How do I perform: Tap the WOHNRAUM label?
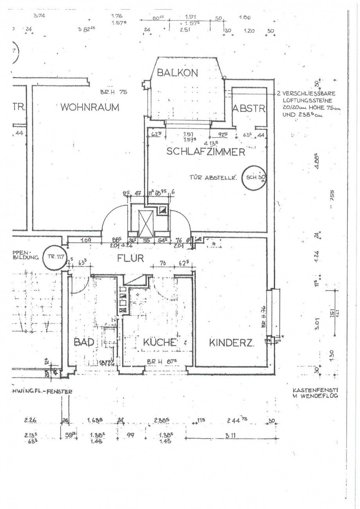90,108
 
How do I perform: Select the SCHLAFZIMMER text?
206,152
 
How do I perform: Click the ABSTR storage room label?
249,109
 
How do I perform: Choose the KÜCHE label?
160,343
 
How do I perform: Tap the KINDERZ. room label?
232,344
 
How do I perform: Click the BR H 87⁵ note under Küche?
160,362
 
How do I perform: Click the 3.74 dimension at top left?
40,16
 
